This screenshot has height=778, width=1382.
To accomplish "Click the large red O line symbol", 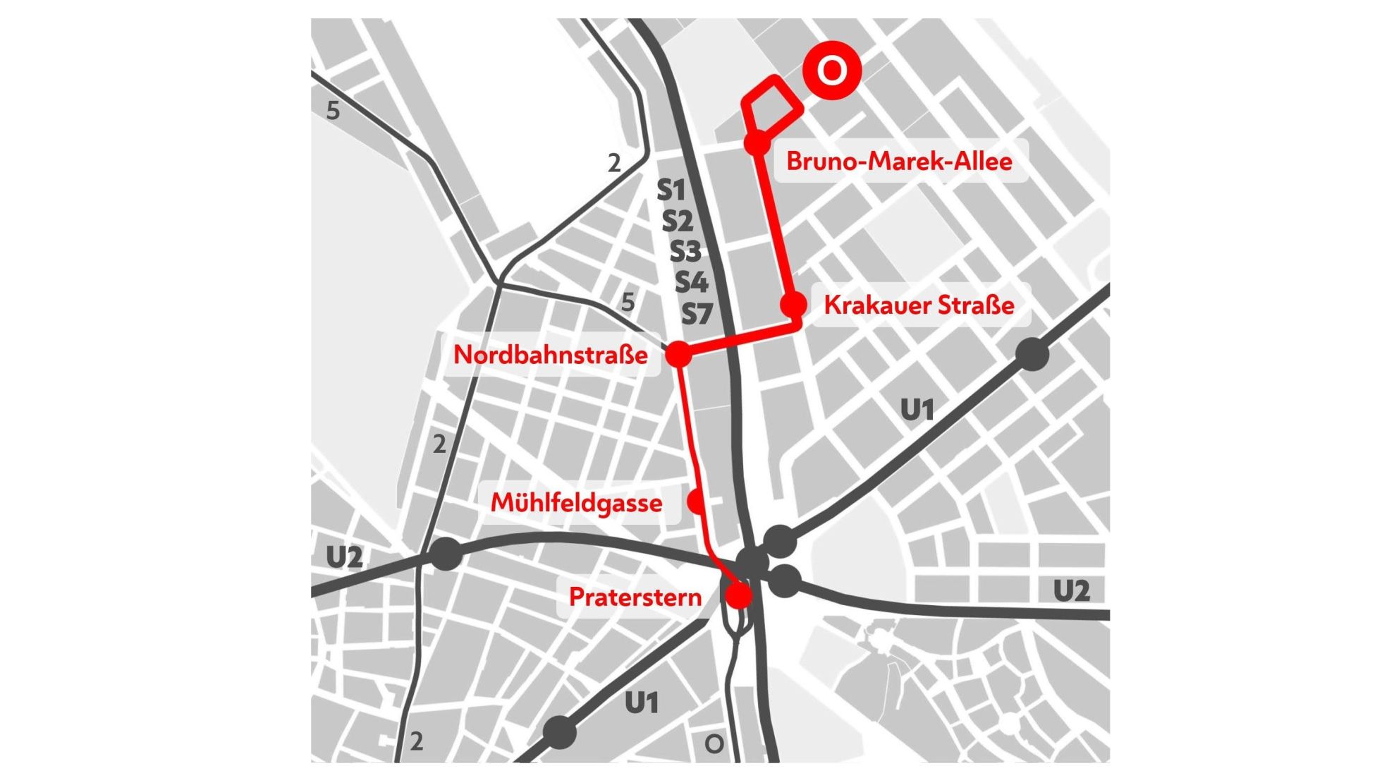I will (832, 71).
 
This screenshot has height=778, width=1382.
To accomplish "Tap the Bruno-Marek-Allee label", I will (899, 161).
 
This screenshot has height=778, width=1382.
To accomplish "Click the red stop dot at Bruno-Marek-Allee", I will (757, 142).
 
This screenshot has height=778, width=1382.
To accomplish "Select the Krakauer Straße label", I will (919, 305).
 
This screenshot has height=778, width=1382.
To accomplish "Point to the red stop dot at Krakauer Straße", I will (793, 305).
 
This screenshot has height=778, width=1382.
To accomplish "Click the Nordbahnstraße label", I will (550, 354).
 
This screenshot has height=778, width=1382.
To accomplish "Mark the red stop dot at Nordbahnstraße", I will (678, 354).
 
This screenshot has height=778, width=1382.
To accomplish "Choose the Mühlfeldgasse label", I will (576, 503).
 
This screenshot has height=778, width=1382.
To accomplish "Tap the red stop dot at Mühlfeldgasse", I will (696, 502).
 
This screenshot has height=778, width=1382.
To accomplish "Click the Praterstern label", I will (635, 597).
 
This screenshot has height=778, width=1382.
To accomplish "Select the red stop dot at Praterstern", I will (739, 595).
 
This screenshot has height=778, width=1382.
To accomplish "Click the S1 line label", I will (671, 190).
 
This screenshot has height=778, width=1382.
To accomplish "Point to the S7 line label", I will (697, 313).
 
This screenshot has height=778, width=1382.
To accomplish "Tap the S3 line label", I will (685, 251).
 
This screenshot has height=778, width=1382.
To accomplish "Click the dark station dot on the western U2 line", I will (446, 554).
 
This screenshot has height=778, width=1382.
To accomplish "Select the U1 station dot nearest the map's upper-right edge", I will (1032, 354).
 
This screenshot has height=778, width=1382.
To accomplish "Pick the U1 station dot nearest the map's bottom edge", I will (560, 732).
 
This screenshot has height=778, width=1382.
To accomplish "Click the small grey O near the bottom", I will (714, 743).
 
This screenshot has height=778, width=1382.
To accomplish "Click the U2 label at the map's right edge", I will (1070, 590).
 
